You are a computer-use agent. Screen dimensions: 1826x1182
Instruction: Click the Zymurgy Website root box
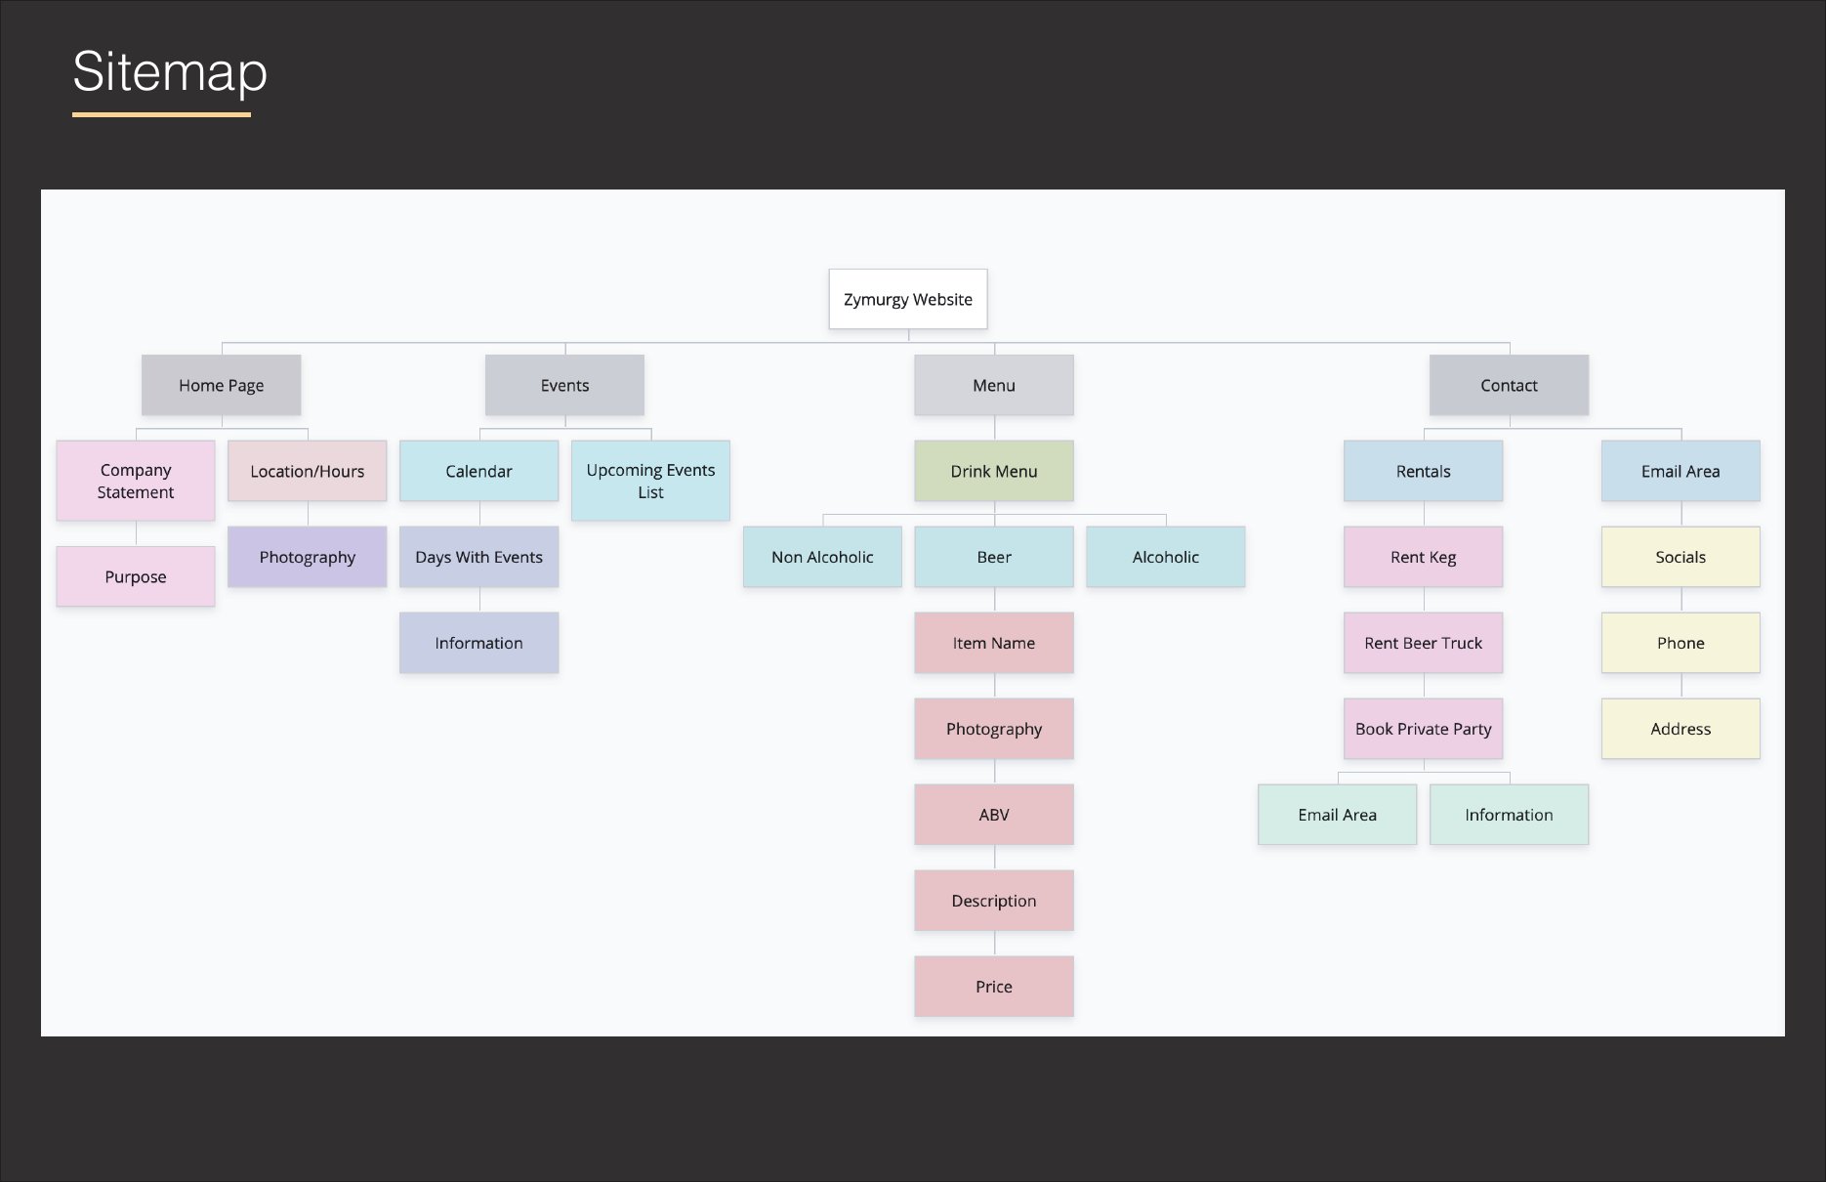(908, 299)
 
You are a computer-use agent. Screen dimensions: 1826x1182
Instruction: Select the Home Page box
(221, 385)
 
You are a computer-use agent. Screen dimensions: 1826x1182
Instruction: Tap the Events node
(564, 385)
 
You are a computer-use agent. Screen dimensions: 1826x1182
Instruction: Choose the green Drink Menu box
(994, 471)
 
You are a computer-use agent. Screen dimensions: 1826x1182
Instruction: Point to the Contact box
(1509, 385)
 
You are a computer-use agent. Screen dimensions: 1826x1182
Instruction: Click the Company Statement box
(136, 481)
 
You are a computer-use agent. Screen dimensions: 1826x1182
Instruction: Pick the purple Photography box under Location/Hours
(308, 557)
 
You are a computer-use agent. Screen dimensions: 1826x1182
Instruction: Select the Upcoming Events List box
(650, 481)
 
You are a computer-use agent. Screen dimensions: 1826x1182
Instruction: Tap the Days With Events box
(478, 557)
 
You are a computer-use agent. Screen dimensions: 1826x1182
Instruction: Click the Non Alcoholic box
(822, 557)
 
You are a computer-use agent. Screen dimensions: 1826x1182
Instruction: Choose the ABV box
(994, 815)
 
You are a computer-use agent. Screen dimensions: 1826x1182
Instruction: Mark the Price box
(994, 987)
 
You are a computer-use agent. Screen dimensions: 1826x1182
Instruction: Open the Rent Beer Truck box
(1423, 643)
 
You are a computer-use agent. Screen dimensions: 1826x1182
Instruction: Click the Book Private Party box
(1423, 729)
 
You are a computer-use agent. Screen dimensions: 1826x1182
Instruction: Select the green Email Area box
(1337, 815)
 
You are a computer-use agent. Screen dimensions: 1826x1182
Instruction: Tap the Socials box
(1681, 557)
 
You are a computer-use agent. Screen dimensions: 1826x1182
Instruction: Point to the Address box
(1681, 729)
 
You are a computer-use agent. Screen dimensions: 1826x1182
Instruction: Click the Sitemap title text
(170, 72)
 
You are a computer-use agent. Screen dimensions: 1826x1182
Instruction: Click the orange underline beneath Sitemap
(161, 114)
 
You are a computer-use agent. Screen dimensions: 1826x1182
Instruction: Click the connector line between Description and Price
(994, 944)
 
